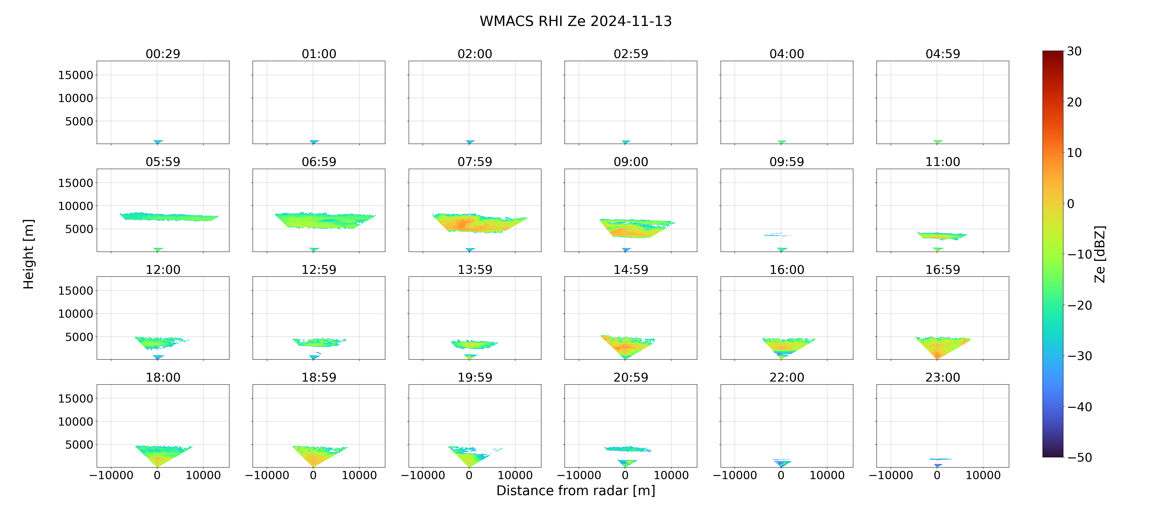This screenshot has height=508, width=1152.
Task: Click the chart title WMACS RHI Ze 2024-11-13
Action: [576, 21]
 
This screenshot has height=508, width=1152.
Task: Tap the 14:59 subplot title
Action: [631, 270]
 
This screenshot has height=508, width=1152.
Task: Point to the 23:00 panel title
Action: [943, 378]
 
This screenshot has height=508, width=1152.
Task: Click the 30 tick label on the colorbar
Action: [1074, 51]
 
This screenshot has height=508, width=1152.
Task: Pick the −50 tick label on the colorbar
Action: [1079, 457]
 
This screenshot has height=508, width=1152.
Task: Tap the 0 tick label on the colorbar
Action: [1071, 204]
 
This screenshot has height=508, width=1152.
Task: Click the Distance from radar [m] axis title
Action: [576, 491]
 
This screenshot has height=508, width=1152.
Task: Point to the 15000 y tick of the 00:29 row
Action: [76, 75]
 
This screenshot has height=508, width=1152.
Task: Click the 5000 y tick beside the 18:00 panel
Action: [79, 445]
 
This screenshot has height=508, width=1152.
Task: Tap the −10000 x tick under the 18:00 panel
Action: [111, 475]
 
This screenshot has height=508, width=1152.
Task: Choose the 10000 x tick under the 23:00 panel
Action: [983, 475]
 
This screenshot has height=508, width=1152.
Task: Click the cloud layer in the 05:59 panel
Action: [169, 217]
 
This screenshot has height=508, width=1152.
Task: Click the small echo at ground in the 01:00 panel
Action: [314, 142]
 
